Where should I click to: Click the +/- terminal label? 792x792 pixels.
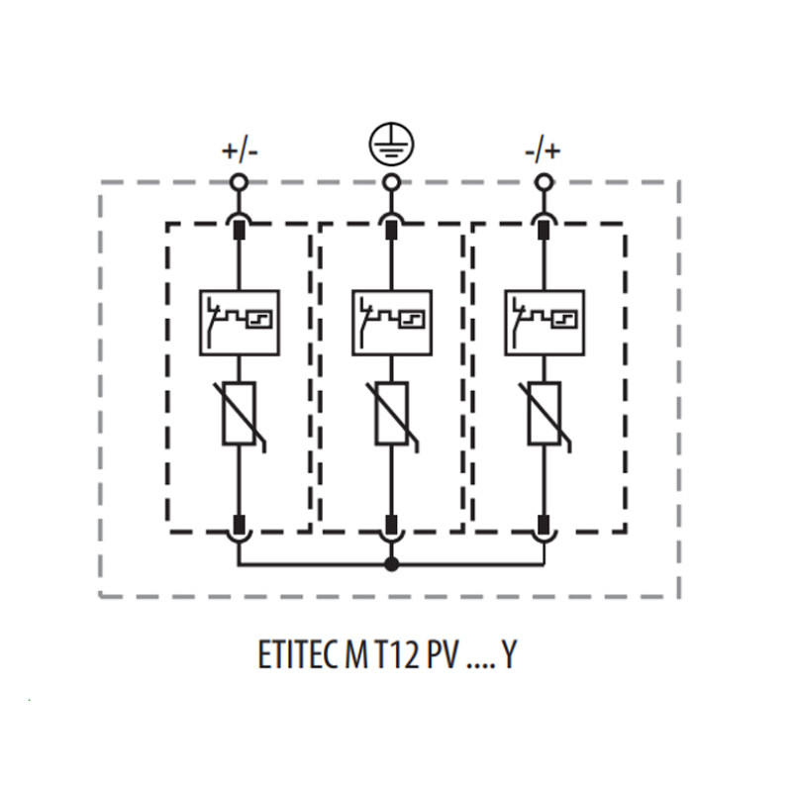click(x=240, y=151)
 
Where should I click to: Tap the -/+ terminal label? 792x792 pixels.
click(x=543, y=151)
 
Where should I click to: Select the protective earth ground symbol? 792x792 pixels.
click(x=391, y=143)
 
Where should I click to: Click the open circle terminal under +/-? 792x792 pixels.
click(x=239, y=182)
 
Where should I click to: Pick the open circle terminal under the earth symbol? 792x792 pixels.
click(x=390, y=182)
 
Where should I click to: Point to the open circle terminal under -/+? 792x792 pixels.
click(x=543, y=182)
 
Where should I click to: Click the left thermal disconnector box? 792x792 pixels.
click(x=240, y=323)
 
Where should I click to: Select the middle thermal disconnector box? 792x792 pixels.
click(x=392, y=323)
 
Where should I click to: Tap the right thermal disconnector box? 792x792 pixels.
click(x=544, y=323)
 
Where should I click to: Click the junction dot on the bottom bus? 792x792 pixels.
click(x=391, y=564)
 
